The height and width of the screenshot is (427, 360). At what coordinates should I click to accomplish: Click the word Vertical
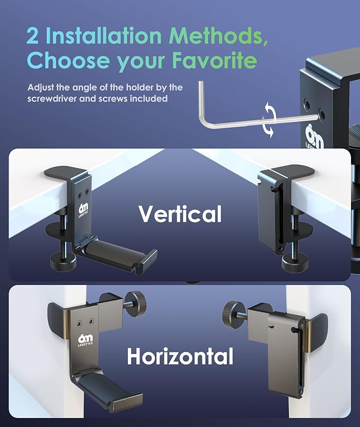tap(180, 214)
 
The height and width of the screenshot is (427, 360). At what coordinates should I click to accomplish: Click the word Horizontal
tap(180, 356)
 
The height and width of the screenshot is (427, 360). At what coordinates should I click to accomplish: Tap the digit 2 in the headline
tap(33, 35)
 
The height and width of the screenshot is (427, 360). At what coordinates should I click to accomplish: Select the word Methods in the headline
tap(218, 35)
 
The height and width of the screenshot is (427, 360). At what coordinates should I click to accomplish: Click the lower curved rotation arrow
tap(268, 129)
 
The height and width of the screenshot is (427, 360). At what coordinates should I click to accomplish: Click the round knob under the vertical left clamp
tap(63, 262)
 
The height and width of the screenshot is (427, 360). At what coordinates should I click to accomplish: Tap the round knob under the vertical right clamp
tap(294, 263)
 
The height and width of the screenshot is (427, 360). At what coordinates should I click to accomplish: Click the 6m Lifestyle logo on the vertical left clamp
tap(83, 209)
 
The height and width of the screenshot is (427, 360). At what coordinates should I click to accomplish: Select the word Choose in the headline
tap(68, 60)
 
